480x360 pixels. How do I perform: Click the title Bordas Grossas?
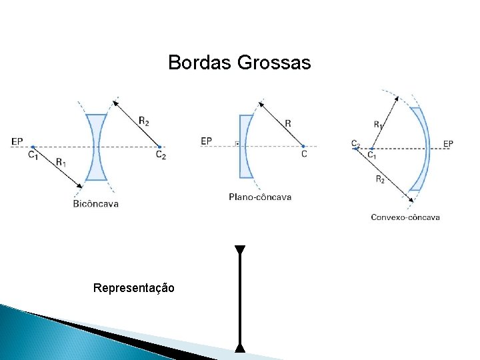(239, 63)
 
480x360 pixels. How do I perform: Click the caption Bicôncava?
(96, 203)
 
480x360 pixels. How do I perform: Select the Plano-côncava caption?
(260, 197)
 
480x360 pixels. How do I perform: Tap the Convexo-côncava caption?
(405, 217)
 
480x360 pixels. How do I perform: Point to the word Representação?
(134, 288)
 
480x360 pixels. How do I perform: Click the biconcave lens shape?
(96, 147)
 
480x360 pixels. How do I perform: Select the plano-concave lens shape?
(246, 147)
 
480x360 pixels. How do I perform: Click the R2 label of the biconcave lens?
(144, 121)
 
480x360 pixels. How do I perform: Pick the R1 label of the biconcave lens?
(61, 161)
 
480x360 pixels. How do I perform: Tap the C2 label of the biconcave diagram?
(161, 155)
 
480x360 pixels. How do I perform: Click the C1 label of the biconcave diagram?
(33, 155)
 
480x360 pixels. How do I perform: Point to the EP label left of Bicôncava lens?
(17, 141)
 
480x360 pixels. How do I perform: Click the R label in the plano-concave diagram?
(287, 123)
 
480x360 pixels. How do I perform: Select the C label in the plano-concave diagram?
(304, 154)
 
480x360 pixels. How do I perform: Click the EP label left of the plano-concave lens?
(206, 141)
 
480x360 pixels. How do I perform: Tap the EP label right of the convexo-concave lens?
(448, 143)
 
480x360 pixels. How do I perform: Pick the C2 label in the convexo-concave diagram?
(355, 143)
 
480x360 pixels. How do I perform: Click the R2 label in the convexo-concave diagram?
(380, 179)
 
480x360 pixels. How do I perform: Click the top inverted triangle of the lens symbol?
(240, 251)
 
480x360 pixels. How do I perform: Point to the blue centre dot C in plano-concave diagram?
(303, 146)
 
